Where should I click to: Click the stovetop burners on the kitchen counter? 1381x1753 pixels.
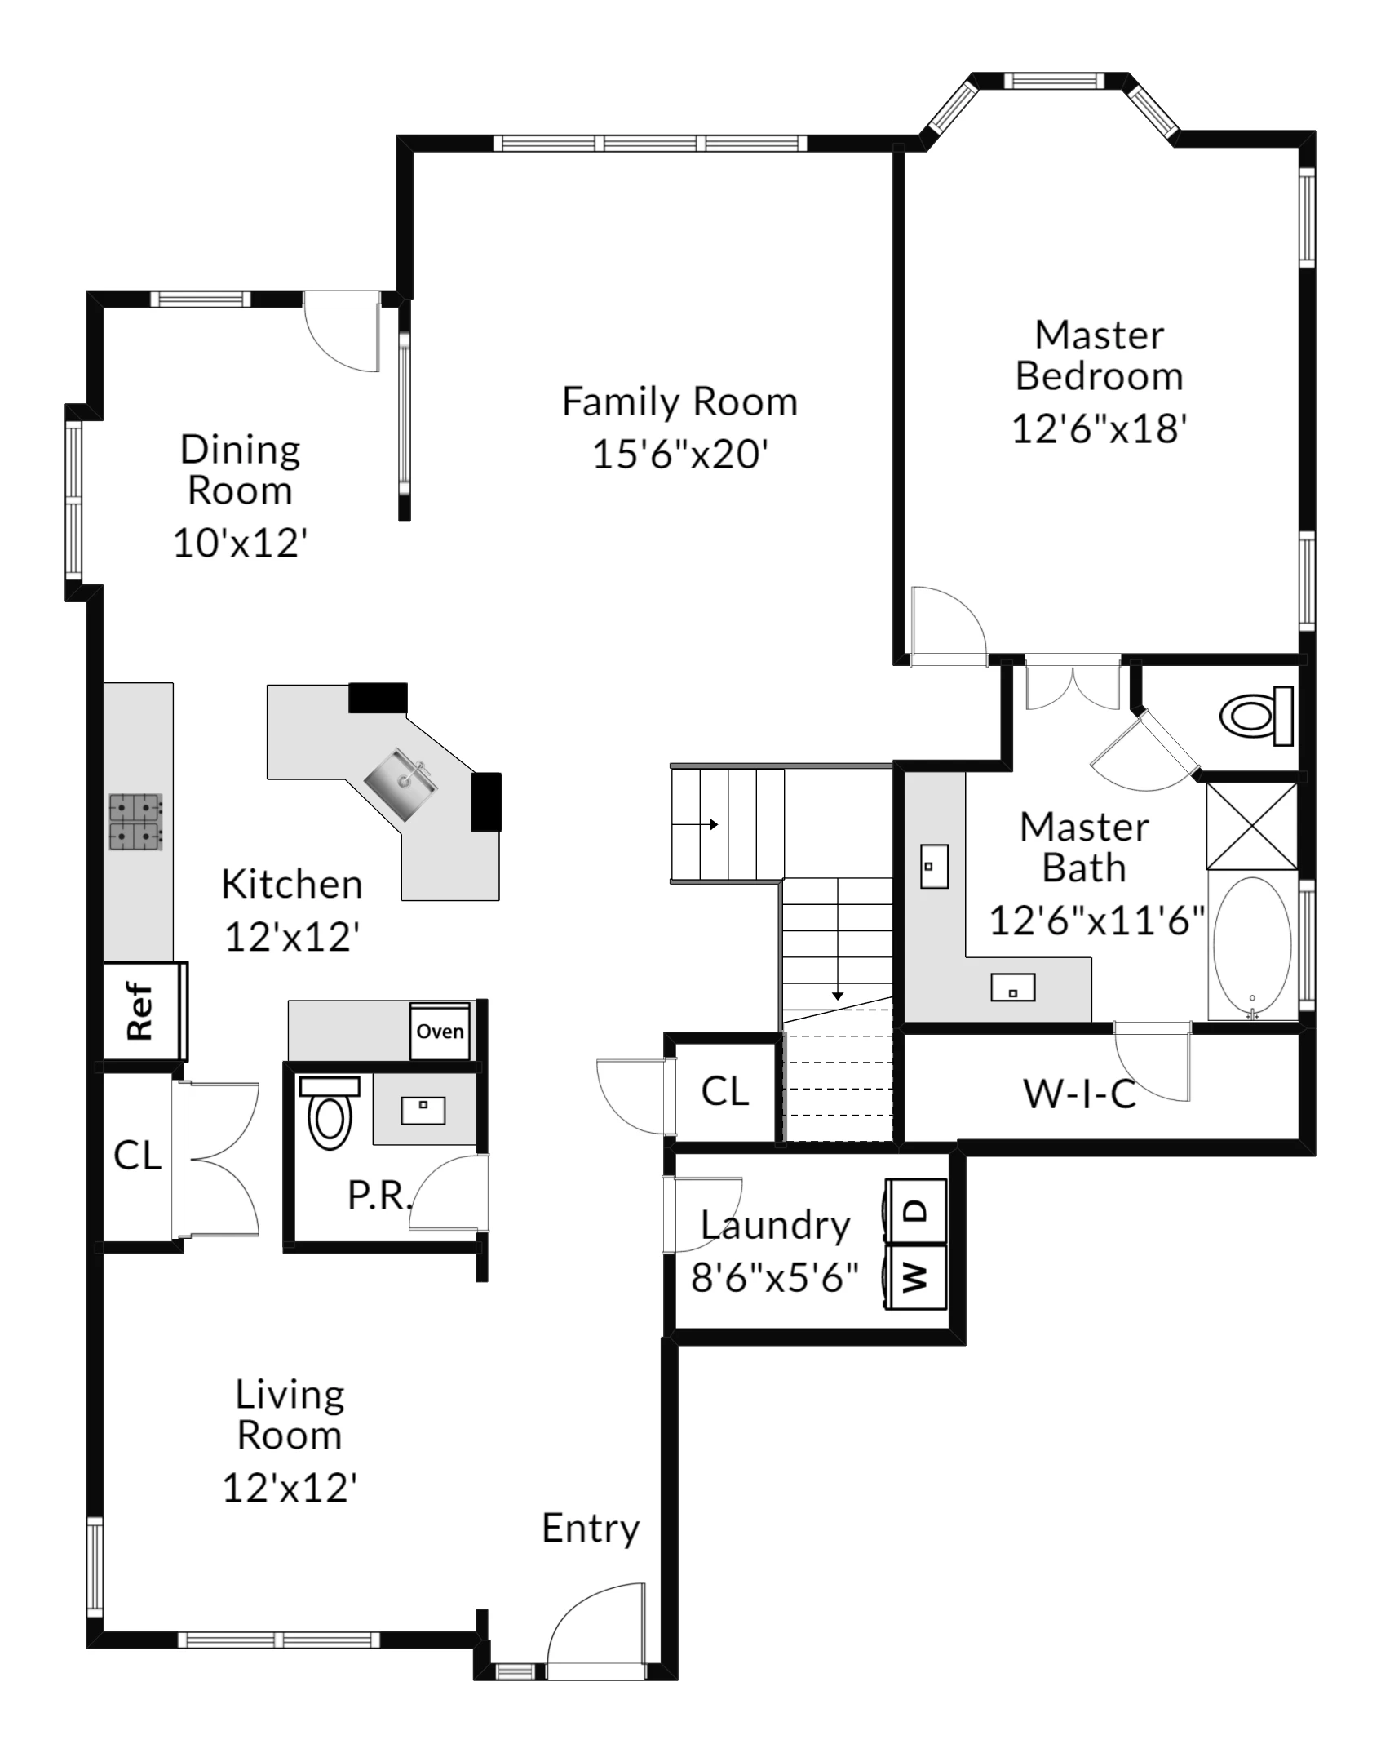[x=136, y=822]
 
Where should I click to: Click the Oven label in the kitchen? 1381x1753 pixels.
[x=440, y=1031]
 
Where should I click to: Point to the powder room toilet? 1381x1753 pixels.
[x=330, y=1112]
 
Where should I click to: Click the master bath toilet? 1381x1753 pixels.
[x=1256, y=716]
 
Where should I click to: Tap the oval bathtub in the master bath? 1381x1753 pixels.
[x=1252, y=947]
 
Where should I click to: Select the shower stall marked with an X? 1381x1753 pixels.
[x=1251, y=826]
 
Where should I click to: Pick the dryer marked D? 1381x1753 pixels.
[x=916, y=1211]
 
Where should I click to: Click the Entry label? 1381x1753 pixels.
[x=591, y=1529]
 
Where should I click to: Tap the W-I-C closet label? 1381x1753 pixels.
[x=1080, y=1094]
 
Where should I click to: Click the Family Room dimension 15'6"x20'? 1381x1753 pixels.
[x=680, y=454]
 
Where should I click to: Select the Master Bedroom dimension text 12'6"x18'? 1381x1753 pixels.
[x=1099, y=428]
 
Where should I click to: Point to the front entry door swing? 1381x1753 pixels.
[x=596, y=1631]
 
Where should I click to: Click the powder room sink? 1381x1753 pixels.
[x=423, y=1110]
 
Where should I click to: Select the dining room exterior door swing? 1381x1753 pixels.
[x=342, y=333]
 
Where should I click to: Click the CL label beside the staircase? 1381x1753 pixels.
[x=724, y=1091]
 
